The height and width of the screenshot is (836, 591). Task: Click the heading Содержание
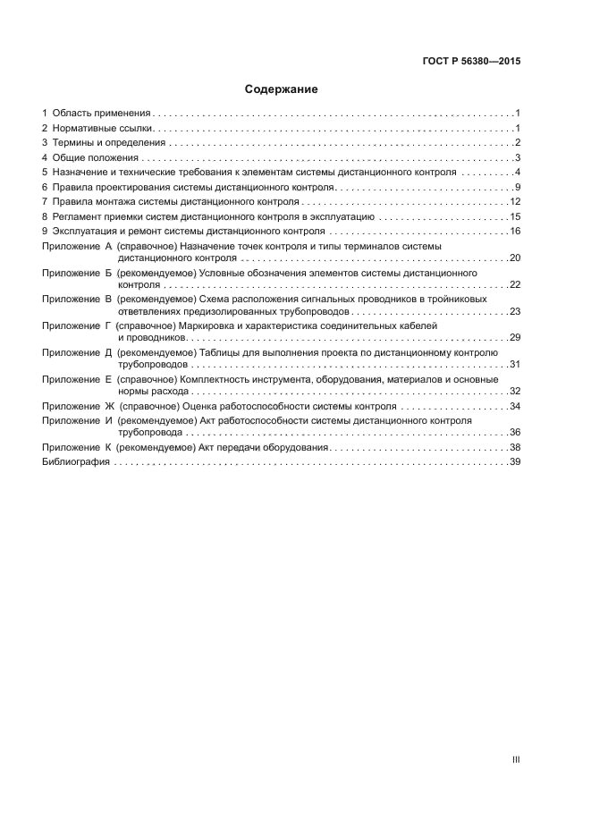click(282, 89)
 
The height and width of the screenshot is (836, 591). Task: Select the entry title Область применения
click(101, 114)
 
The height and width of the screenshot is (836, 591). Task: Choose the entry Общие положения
click(96, 157)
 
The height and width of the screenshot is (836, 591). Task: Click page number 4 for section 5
click(518, 172)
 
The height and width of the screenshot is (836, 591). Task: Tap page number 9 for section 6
click(518, 187)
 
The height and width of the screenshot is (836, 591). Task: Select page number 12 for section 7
click(515, 201)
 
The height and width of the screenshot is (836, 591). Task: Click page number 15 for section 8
click(515, 216)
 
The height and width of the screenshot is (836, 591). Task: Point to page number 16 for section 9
click(515, 231)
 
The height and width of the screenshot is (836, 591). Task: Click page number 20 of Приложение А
click(515, 258)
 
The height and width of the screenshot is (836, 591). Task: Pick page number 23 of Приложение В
click(515, 311)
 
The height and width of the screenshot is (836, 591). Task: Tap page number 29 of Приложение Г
click(515, 338)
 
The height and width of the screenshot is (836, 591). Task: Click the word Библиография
click(76, 461)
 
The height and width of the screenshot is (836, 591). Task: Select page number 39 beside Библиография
click(515, 461)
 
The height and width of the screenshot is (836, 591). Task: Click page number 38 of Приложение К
click(515, 447)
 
